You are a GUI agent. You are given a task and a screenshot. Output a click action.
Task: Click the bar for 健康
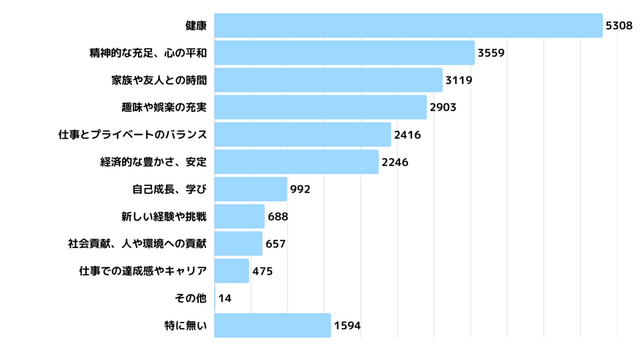(408, 25)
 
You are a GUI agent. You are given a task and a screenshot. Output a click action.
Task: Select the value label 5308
(619, 25)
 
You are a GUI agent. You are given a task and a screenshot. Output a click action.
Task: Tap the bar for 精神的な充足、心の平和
(344, 53)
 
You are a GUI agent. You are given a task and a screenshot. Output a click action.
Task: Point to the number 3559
(491, 53)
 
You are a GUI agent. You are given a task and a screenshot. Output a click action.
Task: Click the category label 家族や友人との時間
(159, 80)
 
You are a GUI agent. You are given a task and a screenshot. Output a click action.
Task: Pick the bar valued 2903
(320, 107)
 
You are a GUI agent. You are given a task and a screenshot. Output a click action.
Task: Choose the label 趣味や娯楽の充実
(159, 107)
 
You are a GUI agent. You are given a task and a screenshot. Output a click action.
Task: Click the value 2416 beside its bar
(407, 135)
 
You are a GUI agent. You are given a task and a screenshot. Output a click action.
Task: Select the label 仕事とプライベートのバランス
(133, 135)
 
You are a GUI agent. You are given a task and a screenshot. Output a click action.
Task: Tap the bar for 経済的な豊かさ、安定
(296, 162)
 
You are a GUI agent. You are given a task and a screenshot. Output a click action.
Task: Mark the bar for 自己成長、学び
(251, 189)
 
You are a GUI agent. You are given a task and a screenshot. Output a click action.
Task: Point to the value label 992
(300, 189)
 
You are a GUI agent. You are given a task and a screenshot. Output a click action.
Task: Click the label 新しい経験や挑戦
(164, 217)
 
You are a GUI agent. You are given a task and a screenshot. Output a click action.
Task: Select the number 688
(278, 217)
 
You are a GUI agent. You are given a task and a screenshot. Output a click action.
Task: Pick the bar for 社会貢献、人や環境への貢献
(238, 244)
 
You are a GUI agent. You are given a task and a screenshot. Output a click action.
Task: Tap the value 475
(263, 271)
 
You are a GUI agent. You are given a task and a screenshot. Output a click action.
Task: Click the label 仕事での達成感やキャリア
(143, 271)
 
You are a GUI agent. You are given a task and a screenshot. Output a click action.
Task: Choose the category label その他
(190, 299)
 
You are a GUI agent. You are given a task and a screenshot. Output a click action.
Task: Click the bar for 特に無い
(272, 325)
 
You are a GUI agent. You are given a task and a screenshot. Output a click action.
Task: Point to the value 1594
(347, 326)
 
